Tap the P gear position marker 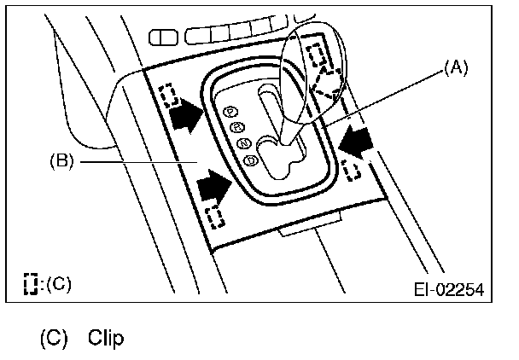(228, 111)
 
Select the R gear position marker (236, 127)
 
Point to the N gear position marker (244, 142)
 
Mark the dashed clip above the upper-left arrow (167, 92)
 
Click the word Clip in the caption (105, 339)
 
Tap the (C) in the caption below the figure (53, 339)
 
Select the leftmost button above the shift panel (160, 36)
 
